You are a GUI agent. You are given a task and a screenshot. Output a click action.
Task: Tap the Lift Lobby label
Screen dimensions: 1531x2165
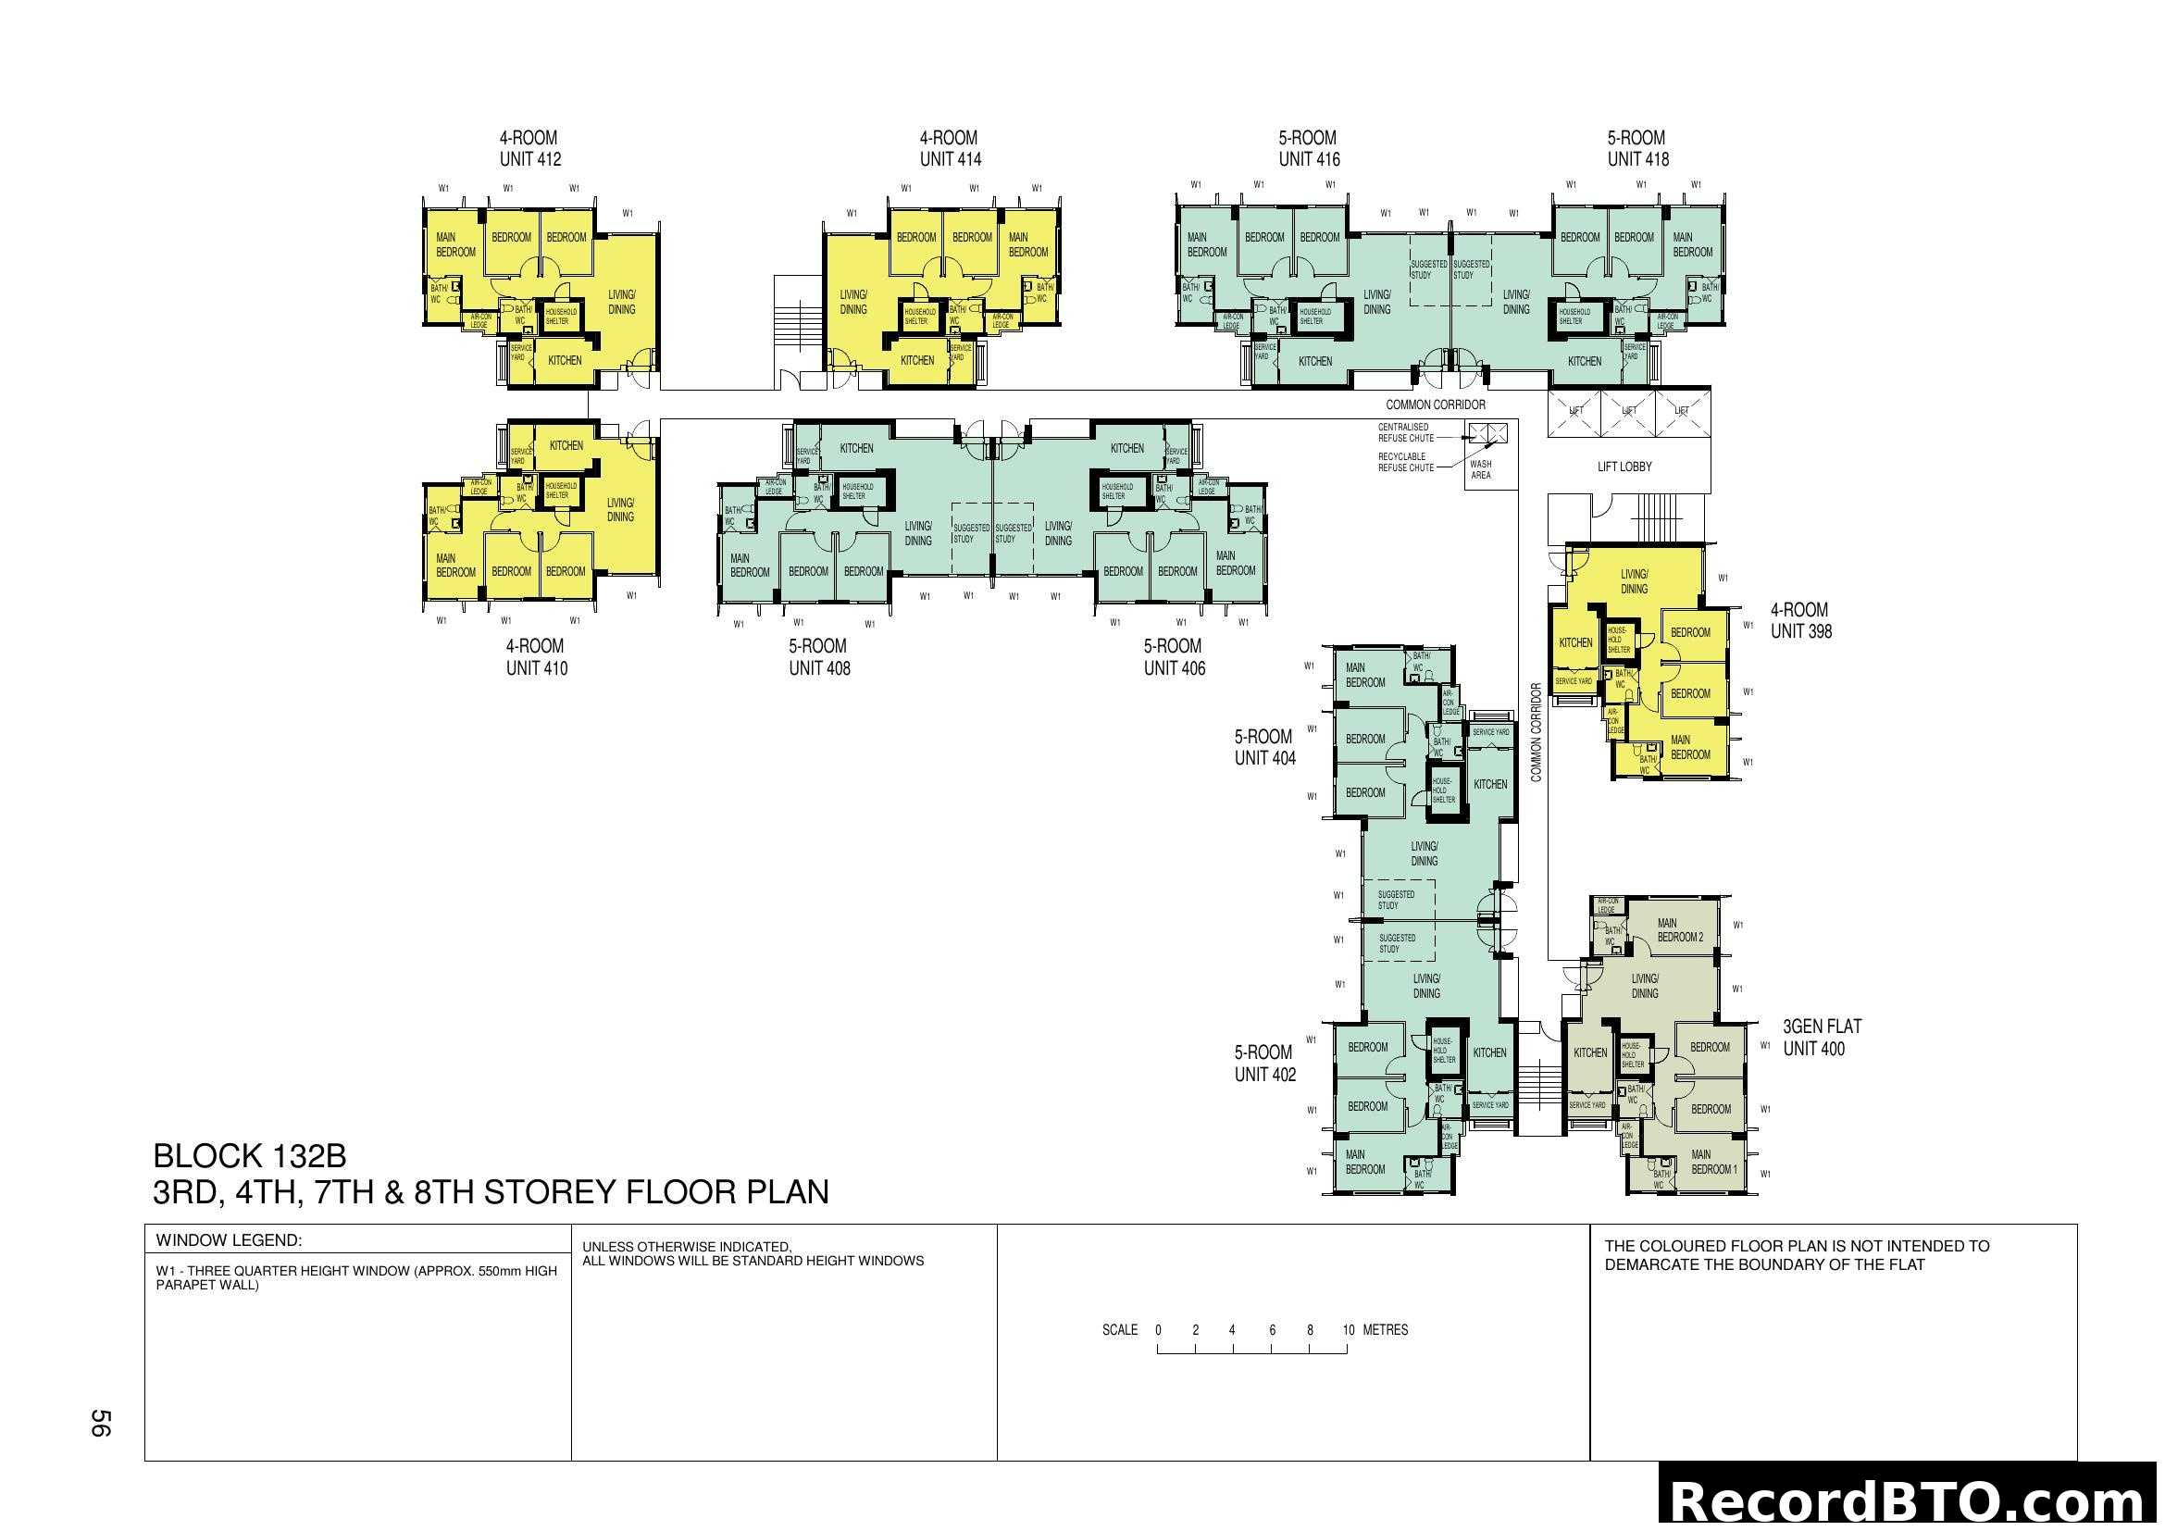coord(1624,467)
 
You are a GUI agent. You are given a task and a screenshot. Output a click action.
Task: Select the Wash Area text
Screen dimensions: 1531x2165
coord(1480,469)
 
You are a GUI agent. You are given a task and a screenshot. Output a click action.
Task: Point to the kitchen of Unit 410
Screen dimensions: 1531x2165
coord(566,446)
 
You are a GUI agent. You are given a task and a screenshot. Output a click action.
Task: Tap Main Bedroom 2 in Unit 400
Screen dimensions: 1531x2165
coord(1679,930)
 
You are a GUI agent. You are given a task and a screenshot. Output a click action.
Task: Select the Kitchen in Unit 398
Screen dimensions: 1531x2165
coord(1574,643)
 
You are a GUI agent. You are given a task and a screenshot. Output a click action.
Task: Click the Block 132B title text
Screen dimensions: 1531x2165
coord(250,1156)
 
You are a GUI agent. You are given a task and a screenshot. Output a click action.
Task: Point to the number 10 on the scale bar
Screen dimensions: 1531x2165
coord(1348,1330)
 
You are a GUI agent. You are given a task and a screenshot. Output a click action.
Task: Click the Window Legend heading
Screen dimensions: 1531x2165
coord(229,1240)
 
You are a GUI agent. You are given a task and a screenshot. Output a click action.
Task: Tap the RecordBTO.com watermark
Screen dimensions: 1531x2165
coord(1910,1500)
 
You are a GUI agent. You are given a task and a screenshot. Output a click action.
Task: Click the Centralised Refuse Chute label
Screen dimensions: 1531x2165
coord(1405,432)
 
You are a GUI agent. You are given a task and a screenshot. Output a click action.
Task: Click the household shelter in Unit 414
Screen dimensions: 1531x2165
coord(919,316)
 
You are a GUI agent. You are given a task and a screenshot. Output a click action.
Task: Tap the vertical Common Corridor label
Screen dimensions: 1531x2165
coord(1537,732)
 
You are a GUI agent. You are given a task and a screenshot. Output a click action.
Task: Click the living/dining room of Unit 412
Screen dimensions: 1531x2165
coord(621,302)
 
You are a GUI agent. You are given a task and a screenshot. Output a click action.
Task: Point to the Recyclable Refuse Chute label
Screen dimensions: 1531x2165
coord(1405,462)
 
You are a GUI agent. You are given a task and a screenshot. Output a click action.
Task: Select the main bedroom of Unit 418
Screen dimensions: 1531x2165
coord(1692,244)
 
